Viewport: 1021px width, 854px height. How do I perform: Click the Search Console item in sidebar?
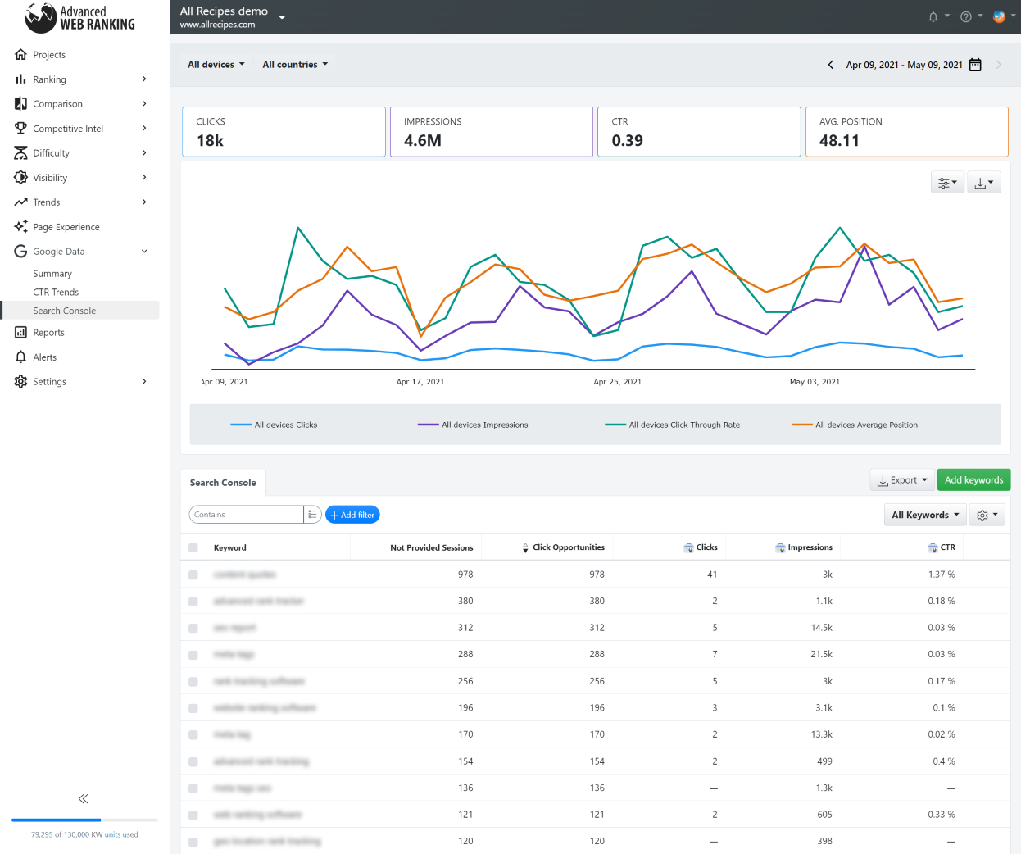(64, 311)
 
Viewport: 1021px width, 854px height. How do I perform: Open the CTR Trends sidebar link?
(56, 292)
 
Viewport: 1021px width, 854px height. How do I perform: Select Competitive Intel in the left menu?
(68, 129)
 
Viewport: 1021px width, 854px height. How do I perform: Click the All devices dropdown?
(216, 65)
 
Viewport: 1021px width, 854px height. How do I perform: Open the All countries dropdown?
(294, 65)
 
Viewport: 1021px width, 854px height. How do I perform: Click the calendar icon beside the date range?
(975, 65)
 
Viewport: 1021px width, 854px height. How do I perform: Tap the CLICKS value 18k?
(210, 140)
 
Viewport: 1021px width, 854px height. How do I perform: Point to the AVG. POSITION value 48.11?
(839, 140)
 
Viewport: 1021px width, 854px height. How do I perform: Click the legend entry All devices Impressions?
(483, 425)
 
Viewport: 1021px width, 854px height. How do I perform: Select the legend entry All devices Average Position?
(865, 425)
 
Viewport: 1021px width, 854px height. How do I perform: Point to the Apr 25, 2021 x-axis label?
(617, 382)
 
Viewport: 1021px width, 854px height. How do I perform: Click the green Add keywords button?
(973, 480)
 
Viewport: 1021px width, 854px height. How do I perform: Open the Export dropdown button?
(902, 480)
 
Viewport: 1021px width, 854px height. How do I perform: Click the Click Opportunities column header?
(568, 547)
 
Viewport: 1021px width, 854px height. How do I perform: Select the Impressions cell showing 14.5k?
(821, 628)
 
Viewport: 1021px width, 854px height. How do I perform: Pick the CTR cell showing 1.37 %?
(941, 575)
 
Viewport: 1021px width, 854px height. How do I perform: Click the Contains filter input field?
(246, 515)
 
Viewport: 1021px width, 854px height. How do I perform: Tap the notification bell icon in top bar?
(933, 17)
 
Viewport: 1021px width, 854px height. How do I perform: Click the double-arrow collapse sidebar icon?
(83, 798)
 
